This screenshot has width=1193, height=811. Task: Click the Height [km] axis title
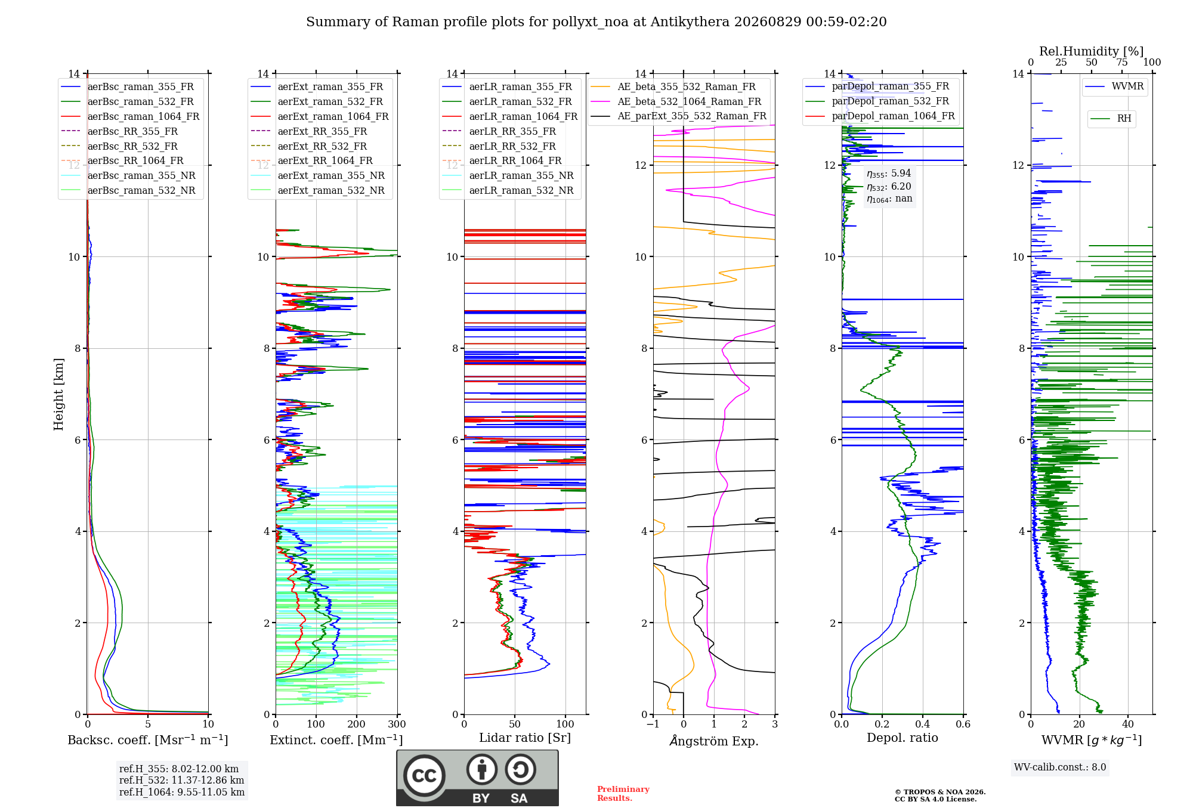(58, 394)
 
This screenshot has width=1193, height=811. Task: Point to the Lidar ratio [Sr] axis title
(525, 738)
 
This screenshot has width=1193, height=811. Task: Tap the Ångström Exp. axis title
(714, 741)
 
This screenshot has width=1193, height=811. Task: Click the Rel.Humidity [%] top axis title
(1092, 51)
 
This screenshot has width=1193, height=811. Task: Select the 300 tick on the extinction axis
(397, 724)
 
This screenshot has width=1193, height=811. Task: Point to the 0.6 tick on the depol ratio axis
(963, 724)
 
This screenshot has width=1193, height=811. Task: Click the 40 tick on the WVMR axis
(1128, 724)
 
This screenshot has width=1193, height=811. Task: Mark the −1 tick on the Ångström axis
(653, 724)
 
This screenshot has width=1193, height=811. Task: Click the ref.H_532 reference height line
(181, 780)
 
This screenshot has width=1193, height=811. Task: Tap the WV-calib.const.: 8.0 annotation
(1060, 767)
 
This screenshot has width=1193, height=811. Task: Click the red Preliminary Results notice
(623, 794)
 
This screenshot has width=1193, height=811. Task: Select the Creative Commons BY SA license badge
(477, 778)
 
